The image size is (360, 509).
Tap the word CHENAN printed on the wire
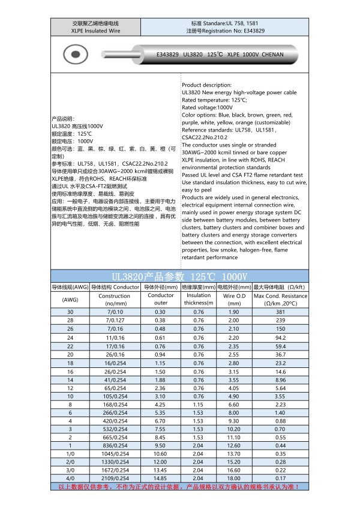pyautogui.click(x=277, y=54)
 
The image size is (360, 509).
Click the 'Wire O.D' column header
pyautogui.click(x=233, y=296)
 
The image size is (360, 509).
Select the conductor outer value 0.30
pyautogui.click(x=160, y=313)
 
